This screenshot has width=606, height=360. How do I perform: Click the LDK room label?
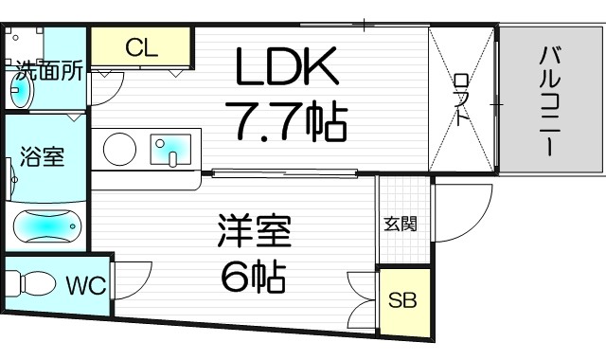pyautogui.click(x=286, y=67)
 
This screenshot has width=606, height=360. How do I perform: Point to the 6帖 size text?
pyautogui.click(x=253, y=277)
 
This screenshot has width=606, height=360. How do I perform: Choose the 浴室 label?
pyautogui.click(x=42, y=156)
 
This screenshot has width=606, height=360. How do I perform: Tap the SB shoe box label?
pyautogui.click(x=402, y=302)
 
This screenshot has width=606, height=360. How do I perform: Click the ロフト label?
pyautogui.click(x=461, y=99)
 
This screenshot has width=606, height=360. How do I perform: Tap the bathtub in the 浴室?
pyautogui.click(x=47, y=227)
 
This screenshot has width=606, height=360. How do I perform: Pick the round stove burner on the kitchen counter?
pyautogui.click(x=119, y=149)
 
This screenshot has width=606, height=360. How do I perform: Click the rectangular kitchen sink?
pyautogui.click(x=172, y=149)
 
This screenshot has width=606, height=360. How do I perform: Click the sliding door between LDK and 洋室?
pyautogui.click(x=284, y=172)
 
